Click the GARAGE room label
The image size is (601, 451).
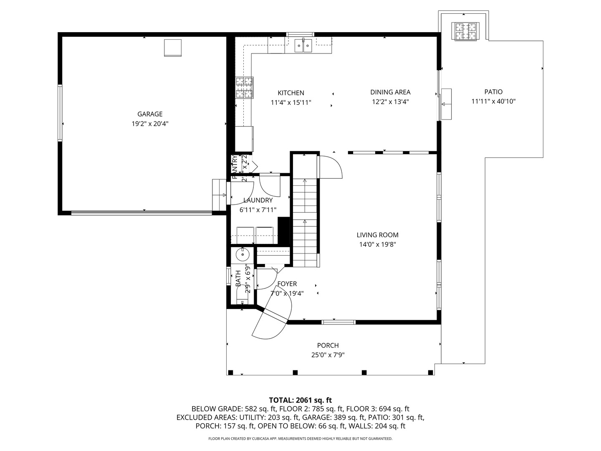pos(150,114)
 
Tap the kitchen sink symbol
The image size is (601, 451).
pos(303,45)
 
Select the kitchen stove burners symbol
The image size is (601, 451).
pos(244,88)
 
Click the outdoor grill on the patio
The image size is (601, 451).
pos(465,32)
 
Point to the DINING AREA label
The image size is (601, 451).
pos(390,92)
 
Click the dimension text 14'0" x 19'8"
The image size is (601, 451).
pos(377,245)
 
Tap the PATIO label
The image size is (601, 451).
pos(493,92)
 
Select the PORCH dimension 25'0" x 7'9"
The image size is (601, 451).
pos(328,355)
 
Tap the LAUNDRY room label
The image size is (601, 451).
pos(258,200)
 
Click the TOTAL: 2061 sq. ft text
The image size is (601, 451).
pos(300,400)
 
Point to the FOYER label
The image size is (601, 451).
pos(287,284)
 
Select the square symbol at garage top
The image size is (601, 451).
pos(172,48)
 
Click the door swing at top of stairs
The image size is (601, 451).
pos(330,167)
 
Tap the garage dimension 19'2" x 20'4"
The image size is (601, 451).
pos(150,124)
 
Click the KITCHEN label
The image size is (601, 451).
pos(291,93)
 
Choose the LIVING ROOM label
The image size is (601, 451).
pos(377,235)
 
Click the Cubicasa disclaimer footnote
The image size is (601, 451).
pos(300,439)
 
